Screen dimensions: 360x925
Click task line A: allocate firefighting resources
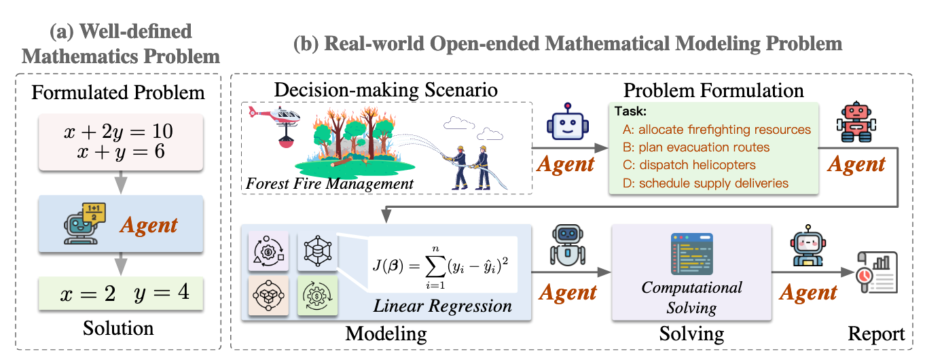716,129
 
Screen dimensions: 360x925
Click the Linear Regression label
442,306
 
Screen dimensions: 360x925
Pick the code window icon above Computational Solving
691,255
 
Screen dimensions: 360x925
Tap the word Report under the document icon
876,334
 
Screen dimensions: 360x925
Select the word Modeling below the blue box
386,334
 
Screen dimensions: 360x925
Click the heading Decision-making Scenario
385,90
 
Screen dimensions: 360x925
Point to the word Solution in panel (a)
118,329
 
